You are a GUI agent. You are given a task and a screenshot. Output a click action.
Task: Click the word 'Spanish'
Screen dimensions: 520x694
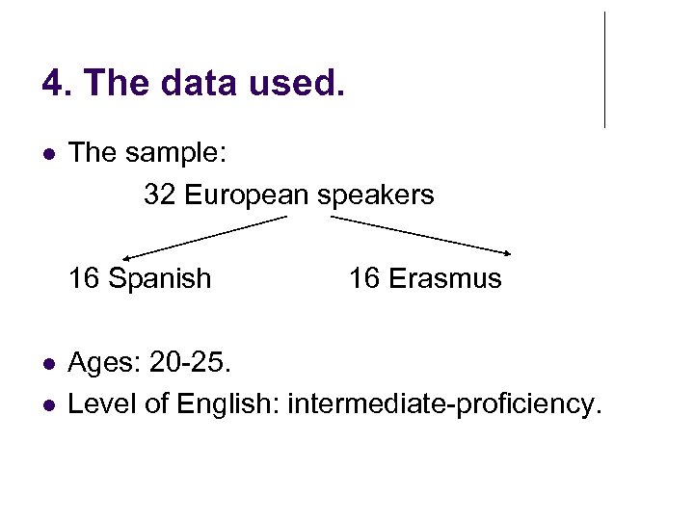(159, 279)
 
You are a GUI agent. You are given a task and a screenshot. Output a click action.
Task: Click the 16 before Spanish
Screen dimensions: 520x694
(84, 279)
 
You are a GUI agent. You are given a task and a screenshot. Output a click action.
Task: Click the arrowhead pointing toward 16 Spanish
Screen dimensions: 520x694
(127, 256)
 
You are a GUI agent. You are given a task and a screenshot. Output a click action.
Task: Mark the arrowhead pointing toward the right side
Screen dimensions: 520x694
(508, 252)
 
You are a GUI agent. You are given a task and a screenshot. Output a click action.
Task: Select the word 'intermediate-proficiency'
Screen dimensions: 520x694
(441, 404)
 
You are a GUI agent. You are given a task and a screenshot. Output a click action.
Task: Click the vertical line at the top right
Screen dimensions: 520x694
(604, 69)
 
